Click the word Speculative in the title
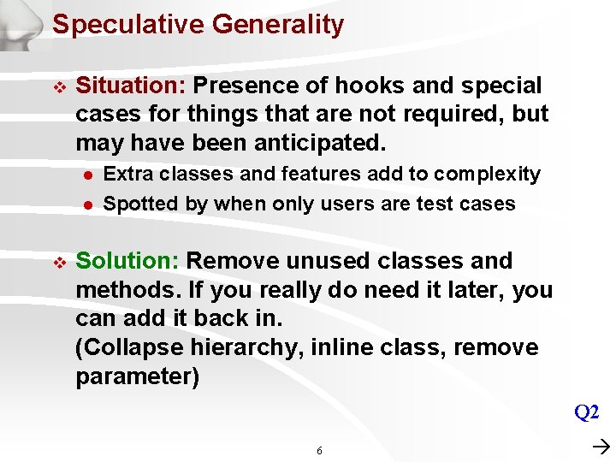pyautogui.click(x=128, y=25)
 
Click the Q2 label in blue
pyautogui.click(x=586, y=412)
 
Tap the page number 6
pyautogui.click(x=319, y=450)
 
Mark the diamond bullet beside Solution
pyautogui.click(x=58, y=262)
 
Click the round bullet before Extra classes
pyautogui.click(x=86, y=175)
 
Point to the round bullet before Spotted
pyautogui.click(x=86, y=204)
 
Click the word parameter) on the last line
pyautogui.click(x=137, y=377)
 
